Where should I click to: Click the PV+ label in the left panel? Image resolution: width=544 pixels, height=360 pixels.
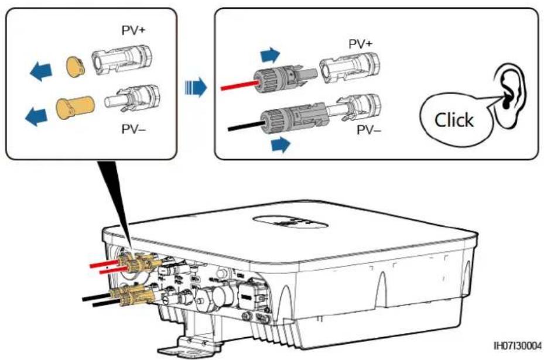(134, 30)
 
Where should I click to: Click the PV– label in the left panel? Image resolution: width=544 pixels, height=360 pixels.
(134, 129)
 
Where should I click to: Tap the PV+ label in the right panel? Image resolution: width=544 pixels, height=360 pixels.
(361, 44)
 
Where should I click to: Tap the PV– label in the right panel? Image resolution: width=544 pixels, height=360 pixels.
(369, 130)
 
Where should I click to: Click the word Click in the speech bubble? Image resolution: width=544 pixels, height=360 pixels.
(454, 121)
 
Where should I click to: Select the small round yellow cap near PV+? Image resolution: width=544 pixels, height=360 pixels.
(76, 67)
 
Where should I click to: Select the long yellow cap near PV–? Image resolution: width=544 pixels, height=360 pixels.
(75, 108)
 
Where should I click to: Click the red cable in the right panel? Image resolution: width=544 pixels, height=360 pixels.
(239, 85)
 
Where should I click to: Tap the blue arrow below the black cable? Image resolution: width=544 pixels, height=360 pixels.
(280, 144)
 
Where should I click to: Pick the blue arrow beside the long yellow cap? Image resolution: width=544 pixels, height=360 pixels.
(36, 116)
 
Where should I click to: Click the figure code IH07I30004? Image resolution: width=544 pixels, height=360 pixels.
(518, 345)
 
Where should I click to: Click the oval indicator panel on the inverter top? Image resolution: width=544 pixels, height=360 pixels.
(290, 222)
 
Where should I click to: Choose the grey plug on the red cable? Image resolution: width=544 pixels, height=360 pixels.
(285, 77)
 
